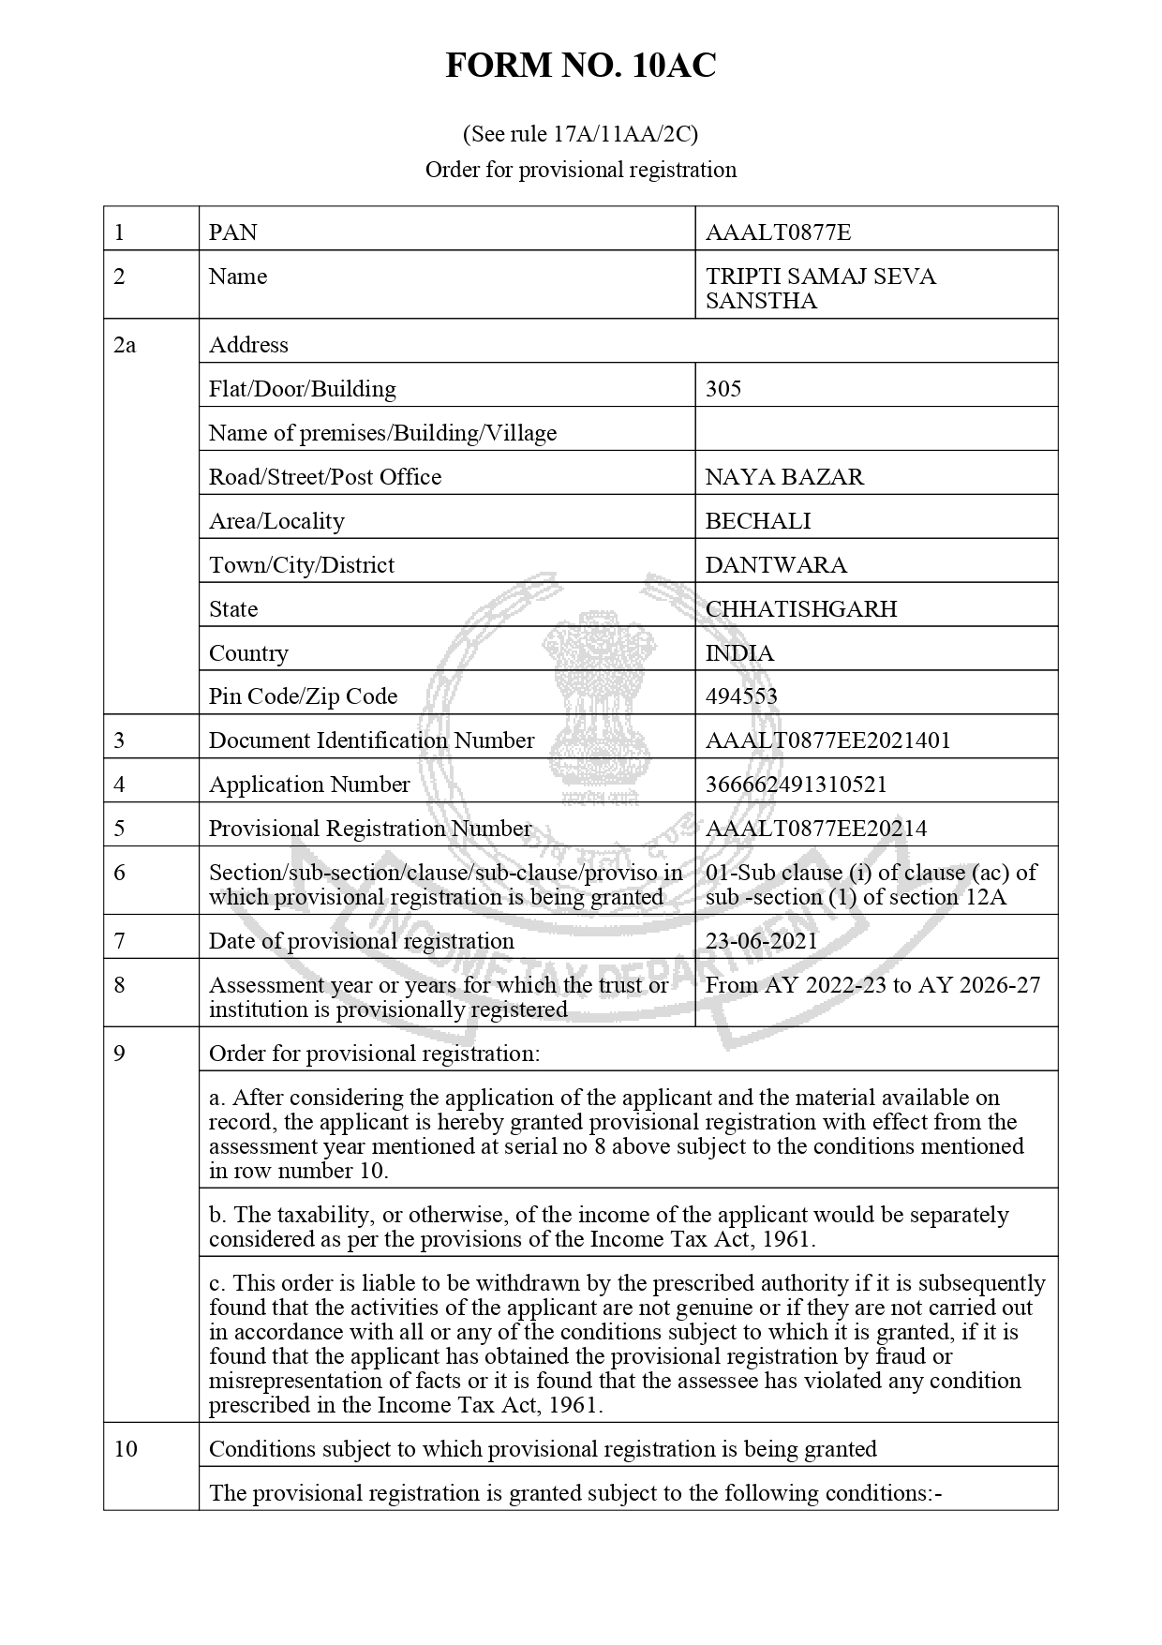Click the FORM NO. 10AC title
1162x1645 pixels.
(x=580, y=66)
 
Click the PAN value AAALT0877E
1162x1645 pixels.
(x=778, y=232)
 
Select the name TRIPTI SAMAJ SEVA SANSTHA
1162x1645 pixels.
(x=820, y=289)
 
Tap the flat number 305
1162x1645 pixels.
(x=723, y=389)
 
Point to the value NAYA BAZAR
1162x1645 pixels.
(x=784, y=477)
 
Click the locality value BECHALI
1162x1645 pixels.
(x=758, y=521)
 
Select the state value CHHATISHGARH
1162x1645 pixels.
(x=801, y=609)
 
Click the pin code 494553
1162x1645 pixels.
(x=741, y=696)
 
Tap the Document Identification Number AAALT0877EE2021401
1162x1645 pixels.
(x=827, y=740)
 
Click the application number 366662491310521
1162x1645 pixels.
(x=796, y=785)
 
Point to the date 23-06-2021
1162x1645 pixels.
(x=761, y=941)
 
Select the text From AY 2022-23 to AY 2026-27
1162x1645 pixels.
(x=872, y=985)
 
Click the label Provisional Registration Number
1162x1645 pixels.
(x=370, y=829)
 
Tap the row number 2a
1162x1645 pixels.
(x=125, y=345)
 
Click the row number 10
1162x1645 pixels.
(x=126, y=1449)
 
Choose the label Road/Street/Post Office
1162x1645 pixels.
(x=325, y=477)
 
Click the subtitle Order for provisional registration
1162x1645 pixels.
(x=580, y=170)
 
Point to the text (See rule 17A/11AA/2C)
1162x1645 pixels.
(x=580, y=134)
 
